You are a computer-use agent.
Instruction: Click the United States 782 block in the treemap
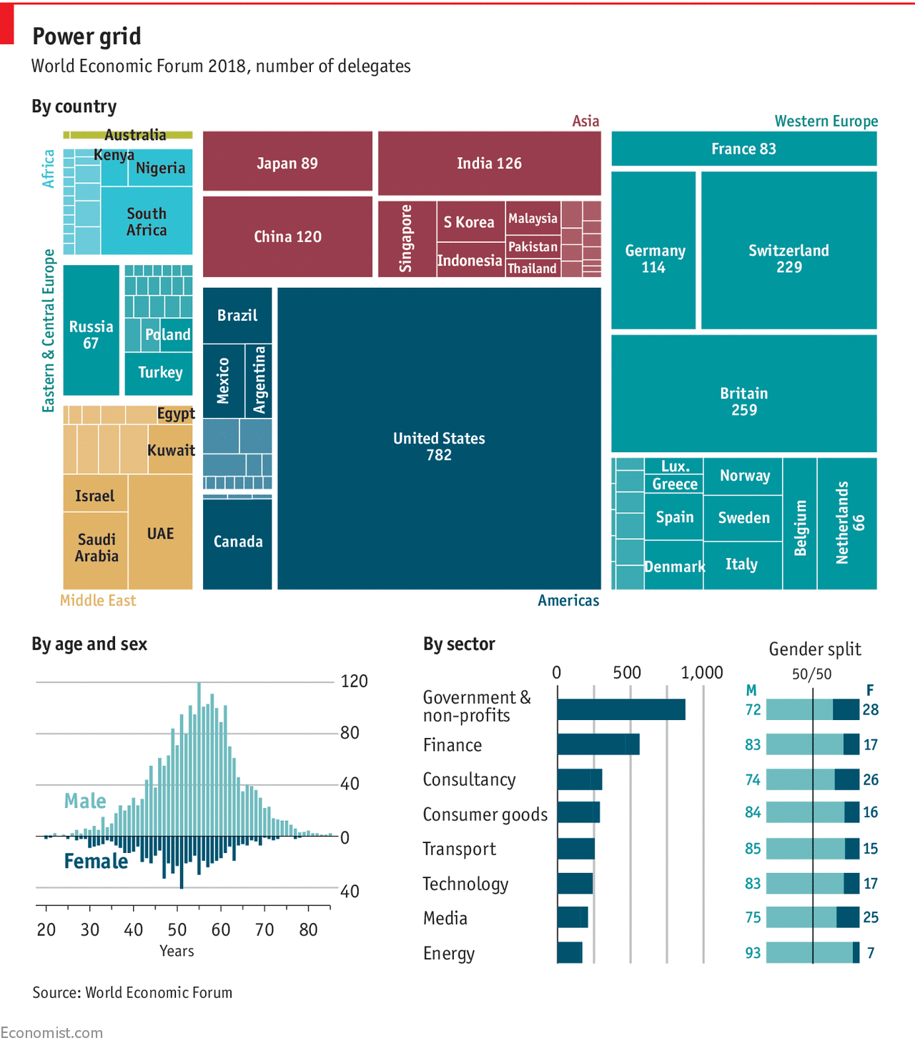coord(439,439)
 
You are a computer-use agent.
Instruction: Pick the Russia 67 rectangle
coord(91,330)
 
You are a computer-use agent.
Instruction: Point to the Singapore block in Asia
coord(407,239)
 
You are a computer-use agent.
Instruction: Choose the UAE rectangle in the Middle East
coord(161,533)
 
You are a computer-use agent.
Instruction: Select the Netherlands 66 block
coord(847,523)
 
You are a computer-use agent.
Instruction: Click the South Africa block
coord(147,221)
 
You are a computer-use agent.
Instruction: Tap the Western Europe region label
coord(826,121)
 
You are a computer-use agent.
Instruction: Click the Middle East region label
coord(98,601)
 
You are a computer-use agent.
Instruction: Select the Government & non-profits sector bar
coord(621,709)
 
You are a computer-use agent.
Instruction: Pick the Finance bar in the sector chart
coord(598,744)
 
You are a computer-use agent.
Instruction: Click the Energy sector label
coord(449,954)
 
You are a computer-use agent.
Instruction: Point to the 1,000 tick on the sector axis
coord(702,673)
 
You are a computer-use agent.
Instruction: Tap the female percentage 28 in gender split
coord(870,709)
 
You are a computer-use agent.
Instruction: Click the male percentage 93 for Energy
coord(753,953)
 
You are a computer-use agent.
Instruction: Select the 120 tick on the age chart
coord(354,681)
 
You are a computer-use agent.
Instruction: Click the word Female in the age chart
coord(96,862)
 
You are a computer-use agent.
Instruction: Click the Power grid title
coord(86,36)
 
